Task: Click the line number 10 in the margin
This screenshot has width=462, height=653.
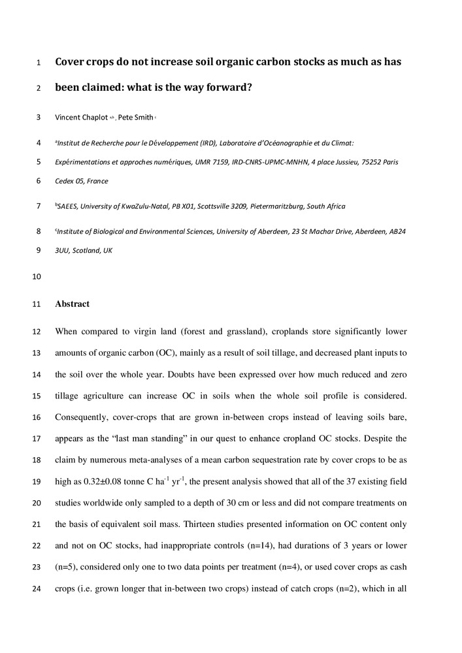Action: [36, 276]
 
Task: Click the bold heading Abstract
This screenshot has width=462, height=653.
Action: [72, 304]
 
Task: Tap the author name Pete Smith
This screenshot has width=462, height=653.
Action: [135, 118]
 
